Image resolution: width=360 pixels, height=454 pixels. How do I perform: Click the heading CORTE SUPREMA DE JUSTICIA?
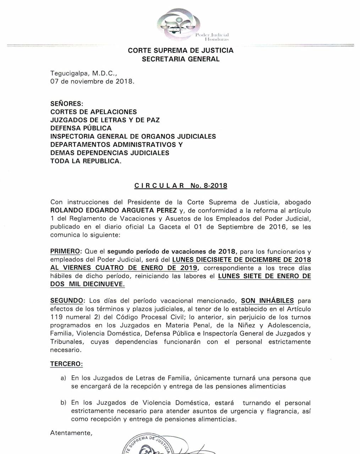pos(180,50)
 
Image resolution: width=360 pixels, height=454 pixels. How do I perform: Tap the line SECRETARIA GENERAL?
pos(180,59)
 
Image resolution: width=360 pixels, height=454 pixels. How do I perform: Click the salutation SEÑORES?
pos(66,104)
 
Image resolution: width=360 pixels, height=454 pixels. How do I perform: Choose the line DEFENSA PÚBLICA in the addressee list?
pos(81,128)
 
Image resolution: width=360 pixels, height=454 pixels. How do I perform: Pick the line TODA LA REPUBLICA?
pos(86,161)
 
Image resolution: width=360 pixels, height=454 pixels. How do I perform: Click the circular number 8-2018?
pos(215,186)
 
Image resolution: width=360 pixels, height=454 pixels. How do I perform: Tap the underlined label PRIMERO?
pos(65,251)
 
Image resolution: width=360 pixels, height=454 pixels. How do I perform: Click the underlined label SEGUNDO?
pos(67,301)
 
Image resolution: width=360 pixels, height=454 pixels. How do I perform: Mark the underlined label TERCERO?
pos(66,364)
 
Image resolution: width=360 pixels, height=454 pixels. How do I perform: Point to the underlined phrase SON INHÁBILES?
pos(267,301)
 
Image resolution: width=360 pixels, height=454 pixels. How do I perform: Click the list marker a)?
pos(64,378)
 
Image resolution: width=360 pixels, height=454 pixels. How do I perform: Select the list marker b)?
pos(64,403)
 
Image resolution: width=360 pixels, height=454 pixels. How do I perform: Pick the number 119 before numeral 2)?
pos(56,317)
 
